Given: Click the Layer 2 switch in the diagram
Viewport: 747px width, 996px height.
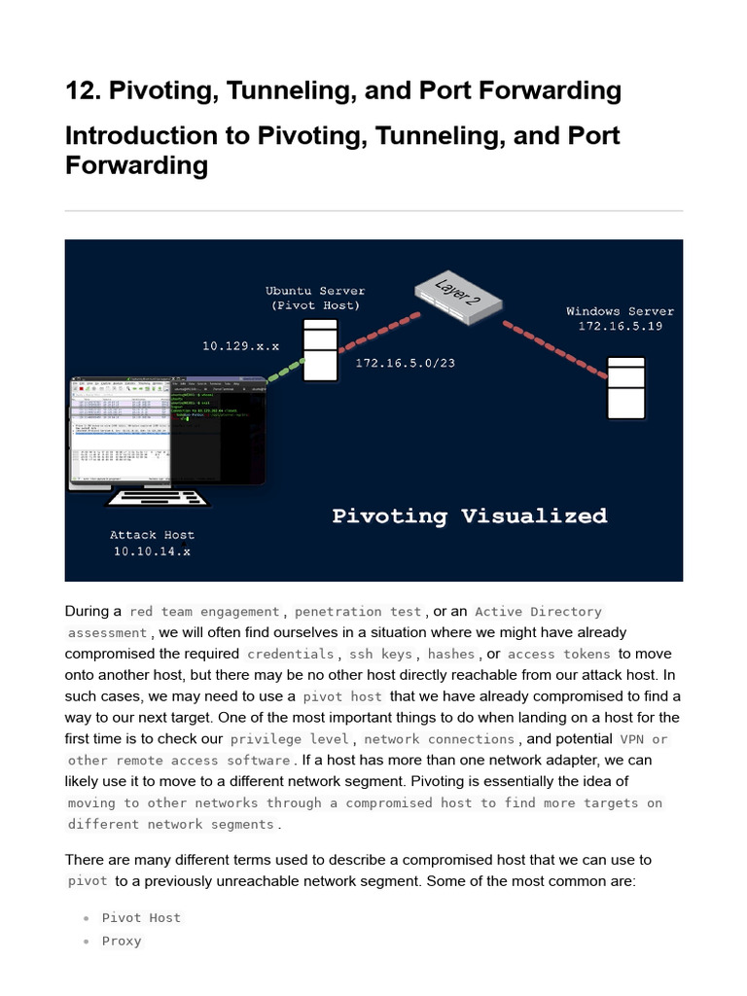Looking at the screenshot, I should [x=457, y=295].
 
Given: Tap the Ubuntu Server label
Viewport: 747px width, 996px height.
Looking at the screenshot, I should [x=315, y=291].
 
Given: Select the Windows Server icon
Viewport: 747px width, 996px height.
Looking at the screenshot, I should [x=625, y=387].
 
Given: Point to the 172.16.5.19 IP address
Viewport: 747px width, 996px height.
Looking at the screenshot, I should [x=620, y=327].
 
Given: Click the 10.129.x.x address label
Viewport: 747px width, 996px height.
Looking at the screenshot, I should [x=240, y=345].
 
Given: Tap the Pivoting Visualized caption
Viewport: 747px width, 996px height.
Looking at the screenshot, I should [x=469, y=516].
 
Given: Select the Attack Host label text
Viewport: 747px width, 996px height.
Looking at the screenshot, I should [x=152, y=535].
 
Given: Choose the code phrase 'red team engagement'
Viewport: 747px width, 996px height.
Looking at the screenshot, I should [x=204, y=612].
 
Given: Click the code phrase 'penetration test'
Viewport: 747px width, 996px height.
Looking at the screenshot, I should [x=358, y=612].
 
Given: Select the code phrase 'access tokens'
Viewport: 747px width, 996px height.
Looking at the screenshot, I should [x=559, y=655].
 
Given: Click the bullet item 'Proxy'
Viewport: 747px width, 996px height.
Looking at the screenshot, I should [x=122, y=942].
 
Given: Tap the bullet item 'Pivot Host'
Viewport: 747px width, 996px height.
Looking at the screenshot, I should [x=141, y=918].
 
